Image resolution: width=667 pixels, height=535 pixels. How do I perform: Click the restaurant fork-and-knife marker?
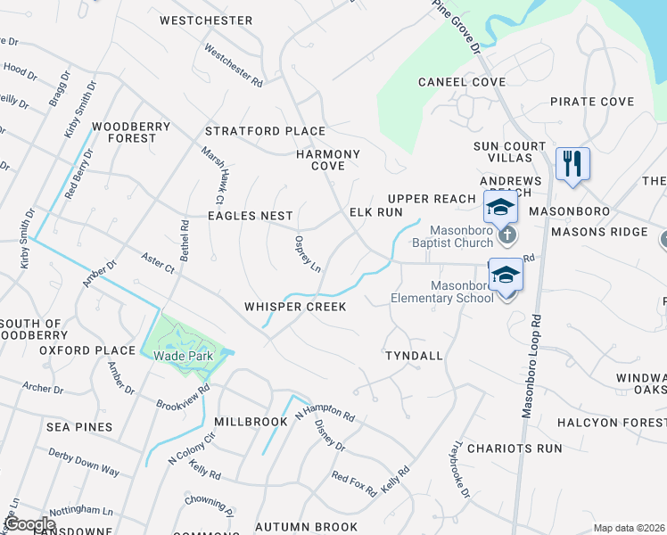pos(572,163)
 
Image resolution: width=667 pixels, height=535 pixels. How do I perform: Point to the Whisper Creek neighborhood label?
pos(295,307)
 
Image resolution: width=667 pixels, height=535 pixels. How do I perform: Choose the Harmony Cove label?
pos(328,160)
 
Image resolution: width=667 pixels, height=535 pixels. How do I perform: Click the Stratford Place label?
pos(265,131)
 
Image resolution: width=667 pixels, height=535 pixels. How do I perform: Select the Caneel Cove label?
pos(463,82)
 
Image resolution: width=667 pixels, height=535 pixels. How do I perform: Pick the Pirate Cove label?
pos(592,102)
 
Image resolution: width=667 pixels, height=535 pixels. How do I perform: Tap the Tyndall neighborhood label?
pos(414,356)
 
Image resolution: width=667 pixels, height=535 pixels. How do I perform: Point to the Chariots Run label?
pos(515,449)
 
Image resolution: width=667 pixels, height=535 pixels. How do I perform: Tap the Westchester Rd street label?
pos(234,65)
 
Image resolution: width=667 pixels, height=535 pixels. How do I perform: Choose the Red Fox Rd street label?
pos(354,482)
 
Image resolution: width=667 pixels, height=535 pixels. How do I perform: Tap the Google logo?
pos(30,525)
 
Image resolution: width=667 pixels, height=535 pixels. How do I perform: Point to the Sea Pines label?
pos(80,427)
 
